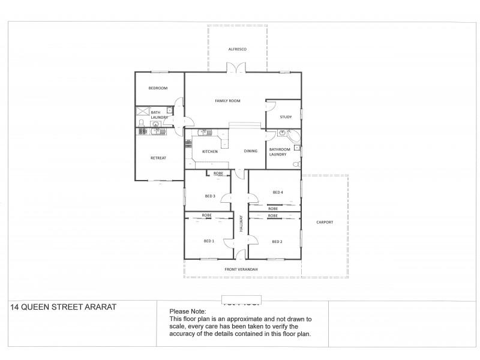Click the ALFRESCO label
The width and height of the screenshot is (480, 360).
[238, 49]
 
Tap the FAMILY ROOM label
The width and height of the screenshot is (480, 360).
[227, 101]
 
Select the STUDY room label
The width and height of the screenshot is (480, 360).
[286, 117]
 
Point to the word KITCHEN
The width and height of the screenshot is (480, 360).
[209, 151]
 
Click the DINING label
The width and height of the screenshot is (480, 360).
[251, 151]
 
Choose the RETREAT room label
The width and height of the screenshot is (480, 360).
[158, 158]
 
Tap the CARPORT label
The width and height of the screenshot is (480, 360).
[324, 222]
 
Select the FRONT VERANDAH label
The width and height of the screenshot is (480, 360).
[241, 269]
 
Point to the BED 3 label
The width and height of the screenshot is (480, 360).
[209, 196]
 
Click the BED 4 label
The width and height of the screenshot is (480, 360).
[277, 193]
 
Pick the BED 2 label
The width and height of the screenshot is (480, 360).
[277, 241]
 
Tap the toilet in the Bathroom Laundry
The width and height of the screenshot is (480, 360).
[296, 164]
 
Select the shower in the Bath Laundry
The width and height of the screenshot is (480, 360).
[142, 112]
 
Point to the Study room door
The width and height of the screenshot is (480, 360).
[270, 107]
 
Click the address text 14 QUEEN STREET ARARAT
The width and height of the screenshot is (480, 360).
[63, 307]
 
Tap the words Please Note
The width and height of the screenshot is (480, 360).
[188, 311]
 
